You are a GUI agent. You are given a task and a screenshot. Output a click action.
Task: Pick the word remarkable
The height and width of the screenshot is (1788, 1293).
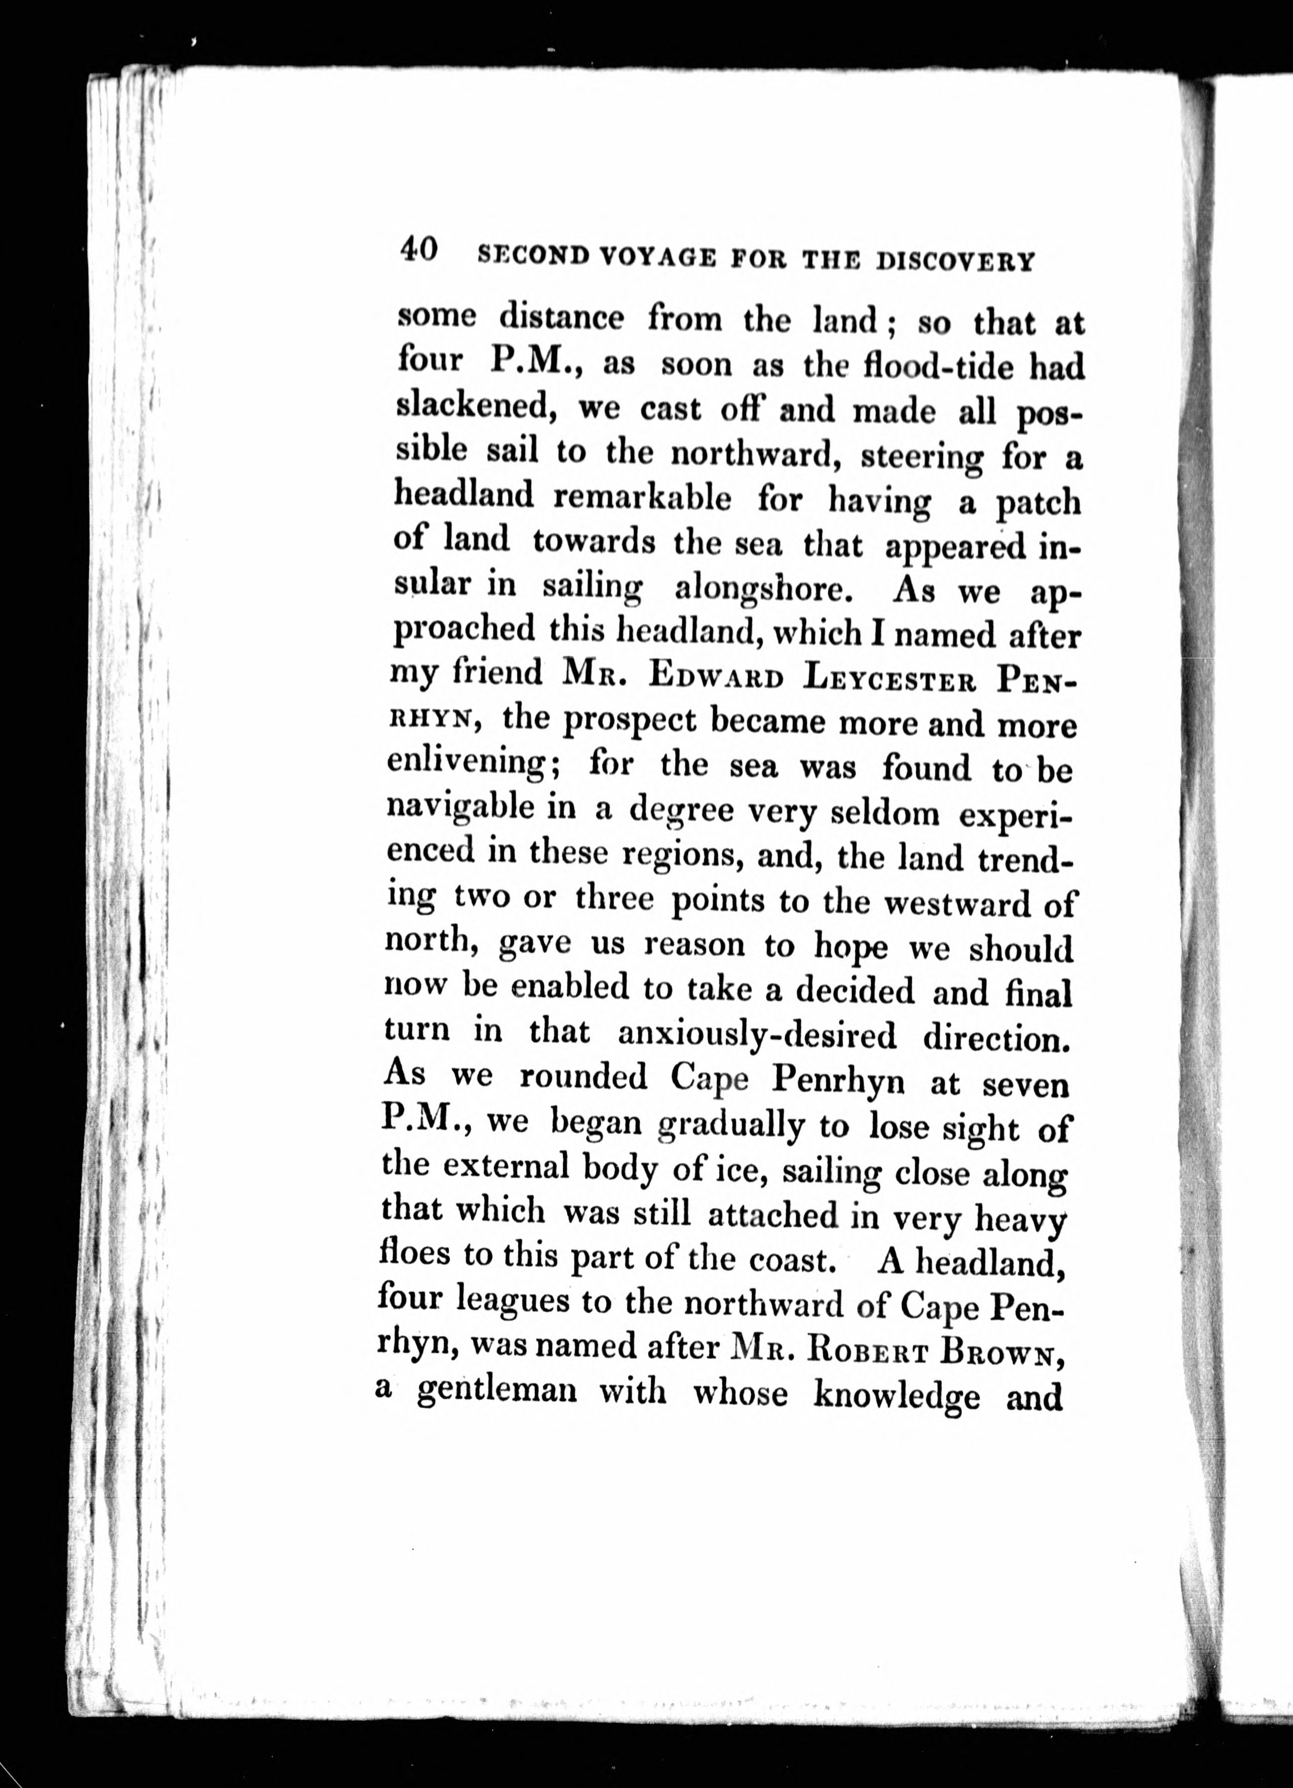pyautogui.click(x=642, y=497)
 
